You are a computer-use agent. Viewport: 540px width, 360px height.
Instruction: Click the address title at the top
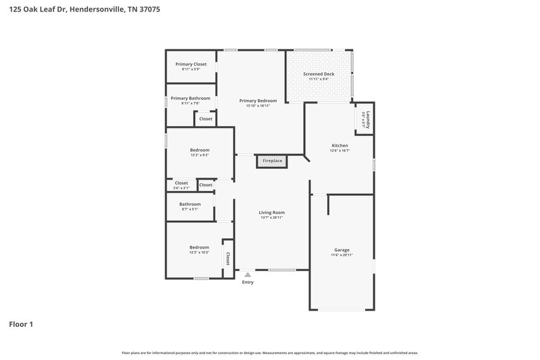pos(84,10)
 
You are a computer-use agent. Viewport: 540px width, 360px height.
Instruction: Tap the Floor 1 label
pos(21,324)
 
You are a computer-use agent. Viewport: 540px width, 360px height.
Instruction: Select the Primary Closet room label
pos(190,64)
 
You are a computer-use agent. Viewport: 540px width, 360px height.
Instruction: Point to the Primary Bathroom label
pos(190,98)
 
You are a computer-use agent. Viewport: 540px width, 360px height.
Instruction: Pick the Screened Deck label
pos(319,74)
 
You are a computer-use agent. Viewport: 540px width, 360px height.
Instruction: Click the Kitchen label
pos(340,146)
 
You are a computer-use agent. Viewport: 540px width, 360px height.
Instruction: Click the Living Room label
pos(271,212)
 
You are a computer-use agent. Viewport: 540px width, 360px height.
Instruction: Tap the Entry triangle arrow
pos(248,275)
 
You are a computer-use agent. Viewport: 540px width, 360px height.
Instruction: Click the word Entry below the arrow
pos(248,282)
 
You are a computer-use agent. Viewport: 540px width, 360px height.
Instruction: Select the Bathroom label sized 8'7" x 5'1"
pos(190,204)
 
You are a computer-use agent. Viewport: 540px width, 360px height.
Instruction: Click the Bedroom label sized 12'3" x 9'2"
pos(199,150)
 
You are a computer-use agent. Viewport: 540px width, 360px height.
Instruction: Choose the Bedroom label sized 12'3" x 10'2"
pos(199,248)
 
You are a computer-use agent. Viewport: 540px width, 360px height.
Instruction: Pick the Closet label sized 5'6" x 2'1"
pos(181,183)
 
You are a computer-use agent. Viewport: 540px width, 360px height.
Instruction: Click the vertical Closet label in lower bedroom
pos(228,258)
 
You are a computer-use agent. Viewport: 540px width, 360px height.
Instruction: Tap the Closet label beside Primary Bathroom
pos(206,119)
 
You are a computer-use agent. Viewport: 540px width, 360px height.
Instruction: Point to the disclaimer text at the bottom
pos(270,353)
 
